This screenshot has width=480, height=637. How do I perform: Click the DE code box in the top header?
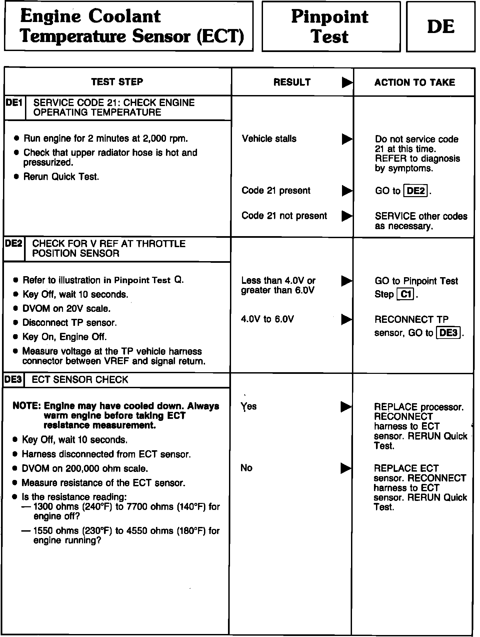pyautogui.click(x=440, y=27)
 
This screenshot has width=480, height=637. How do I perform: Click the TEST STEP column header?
pyautogui.click(x=117, y=82)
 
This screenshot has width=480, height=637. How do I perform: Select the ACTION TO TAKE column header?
pyautogui.click(x=414, y=82)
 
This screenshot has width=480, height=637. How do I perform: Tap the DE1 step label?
pyautogui.click(x=14, y=103)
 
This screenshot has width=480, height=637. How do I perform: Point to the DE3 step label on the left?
pyautogui.click(x=13, y=380)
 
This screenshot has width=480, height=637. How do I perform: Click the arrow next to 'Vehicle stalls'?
pyautogui.click(x=347, y=139)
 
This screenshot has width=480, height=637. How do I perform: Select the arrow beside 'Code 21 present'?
pyautogui.click(x=347, y=191)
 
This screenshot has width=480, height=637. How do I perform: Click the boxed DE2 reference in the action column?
pyautogui.click(x=416, y=191)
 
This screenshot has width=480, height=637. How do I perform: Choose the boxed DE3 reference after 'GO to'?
pyautogui.click(x=449, y=333)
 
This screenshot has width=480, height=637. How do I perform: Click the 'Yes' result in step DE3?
pyautogui.click(x=249, y=406)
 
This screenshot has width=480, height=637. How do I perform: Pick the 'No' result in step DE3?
pyautogui.click(x=246, y=468)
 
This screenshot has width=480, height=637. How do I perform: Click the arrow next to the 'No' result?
pyautogui.click(x=346, y=468)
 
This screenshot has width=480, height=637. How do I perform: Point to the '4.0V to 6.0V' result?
pyautogui.click(x=267, y=320)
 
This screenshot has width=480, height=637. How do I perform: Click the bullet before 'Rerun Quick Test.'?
pyautogui.click(x=17, y=177)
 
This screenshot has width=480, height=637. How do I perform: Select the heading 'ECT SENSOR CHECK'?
pyautogui.click(x=80, y=380)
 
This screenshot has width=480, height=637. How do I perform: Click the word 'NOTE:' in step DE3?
pyautogui.click(x=27, y=406)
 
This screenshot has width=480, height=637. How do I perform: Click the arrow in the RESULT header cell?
pyautogui.click(x=347, y=82)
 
